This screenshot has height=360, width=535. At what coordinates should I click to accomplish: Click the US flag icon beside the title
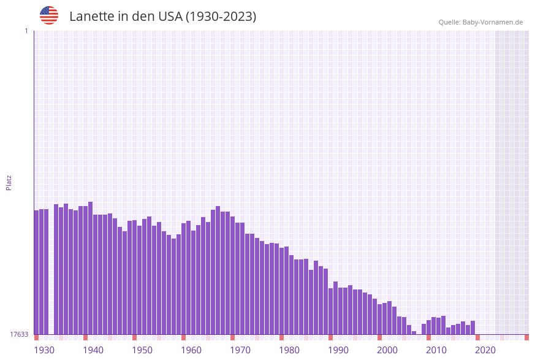[49, 15]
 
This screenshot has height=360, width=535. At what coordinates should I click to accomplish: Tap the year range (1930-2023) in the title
[221, 17]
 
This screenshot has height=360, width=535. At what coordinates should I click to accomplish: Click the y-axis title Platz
[9, 182]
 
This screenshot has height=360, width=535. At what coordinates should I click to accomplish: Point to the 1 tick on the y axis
[26, 31]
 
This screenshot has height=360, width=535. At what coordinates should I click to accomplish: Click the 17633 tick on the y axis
[18, 334]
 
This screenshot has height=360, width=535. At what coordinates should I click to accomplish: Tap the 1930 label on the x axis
[44, 350]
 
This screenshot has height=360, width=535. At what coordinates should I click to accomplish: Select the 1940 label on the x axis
[93, 350]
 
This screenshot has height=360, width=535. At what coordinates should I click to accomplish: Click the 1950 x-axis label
[142, 350]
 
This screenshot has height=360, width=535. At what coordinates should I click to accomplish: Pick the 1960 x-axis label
[191, 350]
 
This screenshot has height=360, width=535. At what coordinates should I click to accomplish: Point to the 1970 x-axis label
[240, 350]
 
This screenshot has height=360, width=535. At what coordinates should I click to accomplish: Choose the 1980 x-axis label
[289, 350]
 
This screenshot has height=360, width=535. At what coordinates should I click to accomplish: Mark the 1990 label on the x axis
[338, 350]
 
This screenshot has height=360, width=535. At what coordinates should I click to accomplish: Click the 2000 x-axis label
[387, 350]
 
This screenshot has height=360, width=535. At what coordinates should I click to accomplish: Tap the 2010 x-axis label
[436, 350]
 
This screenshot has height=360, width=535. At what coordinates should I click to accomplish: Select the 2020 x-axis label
[485, 350]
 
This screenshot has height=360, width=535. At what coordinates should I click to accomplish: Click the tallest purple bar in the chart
[91, 268]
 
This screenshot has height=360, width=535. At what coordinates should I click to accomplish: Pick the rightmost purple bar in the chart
[473, 327]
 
